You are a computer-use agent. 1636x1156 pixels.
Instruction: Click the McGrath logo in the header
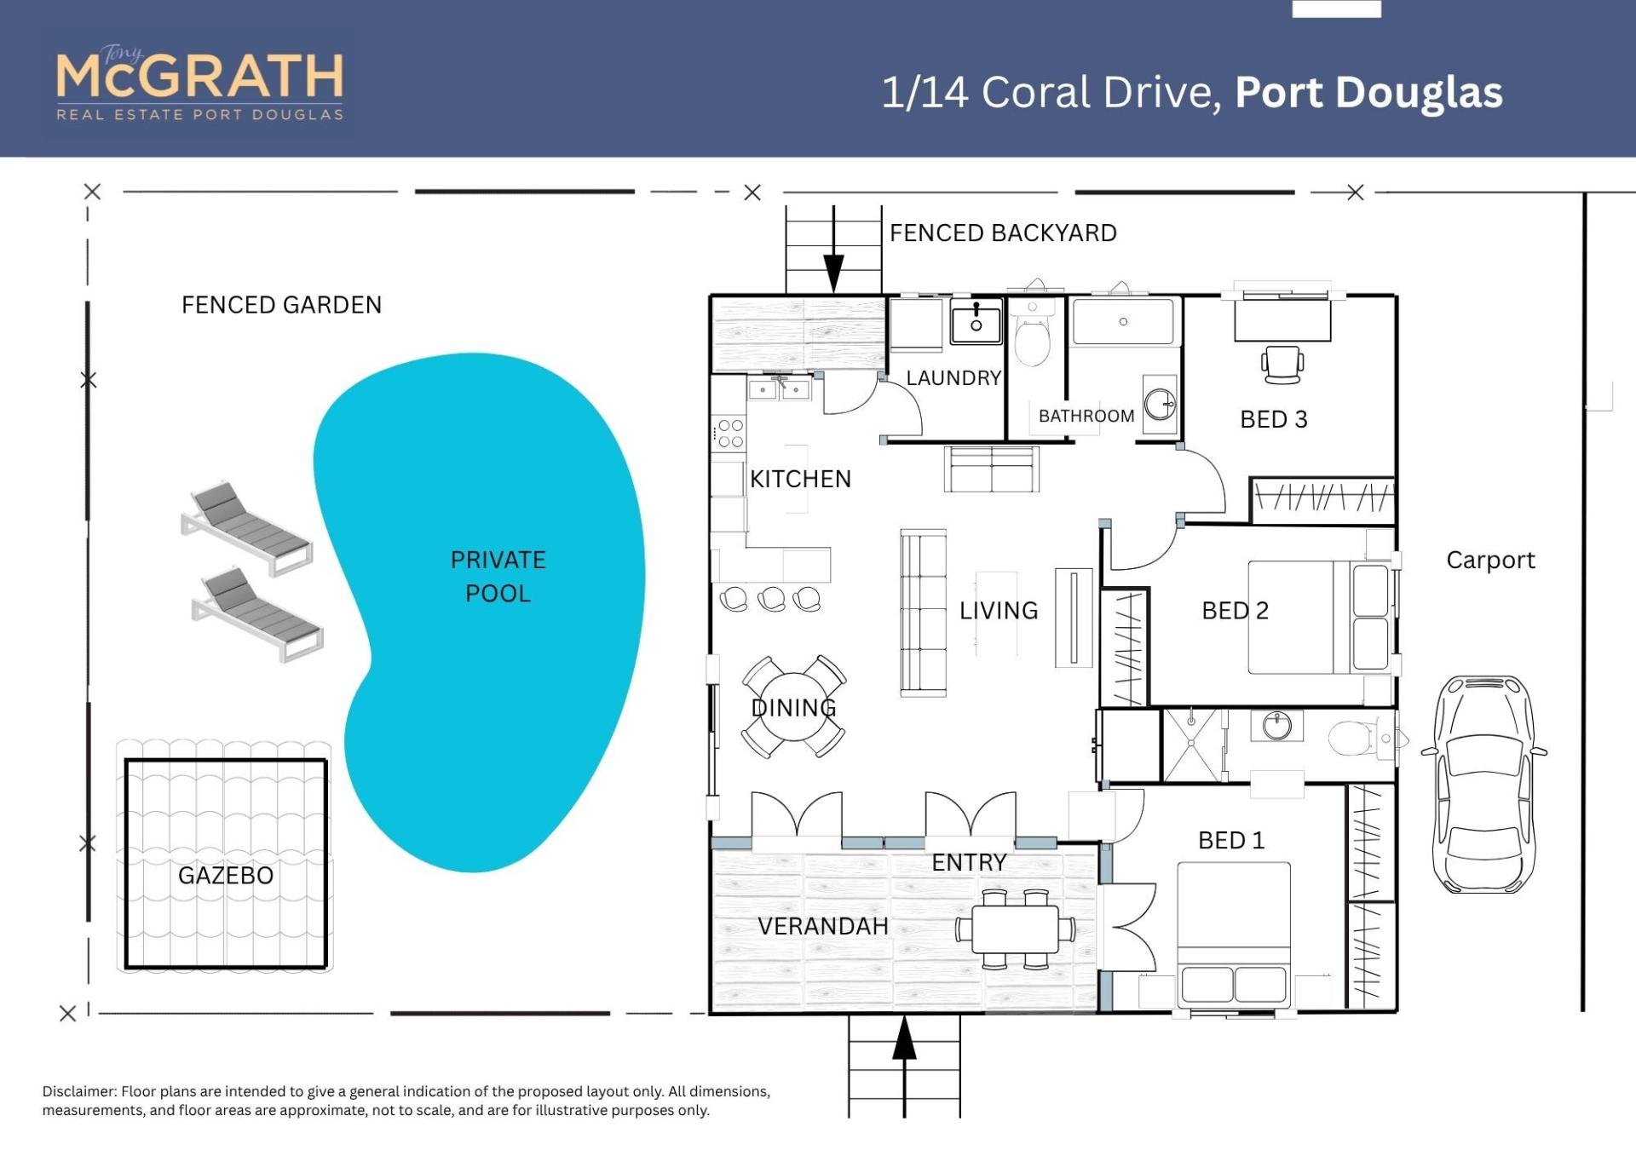point(200,82)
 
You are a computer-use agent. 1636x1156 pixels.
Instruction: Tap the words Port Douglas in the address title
point(1368,93)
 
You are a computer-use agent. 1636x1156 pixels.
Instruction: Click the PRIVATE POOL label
point(498,576)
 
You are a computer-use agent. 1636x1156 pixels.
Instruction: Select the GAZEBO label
point(226,875)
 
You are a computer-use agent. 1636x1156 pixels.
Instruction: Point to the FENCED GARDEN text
point(281,305)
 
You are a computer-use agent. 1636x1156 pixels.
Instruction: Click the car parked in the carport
point(1484,784)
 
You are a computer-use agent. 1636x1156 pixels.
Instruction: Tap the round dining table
point(793,706)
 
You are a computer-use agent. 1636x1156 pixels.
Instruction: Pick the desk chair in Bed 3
point(1282,365)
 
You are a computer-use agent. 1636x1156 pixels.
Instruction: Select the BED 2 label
point(1235,610)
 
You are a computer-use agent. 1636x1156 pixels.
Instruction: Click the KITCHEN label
point(800,479)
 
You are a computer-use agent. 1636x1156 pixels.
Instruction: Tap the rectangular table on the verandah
point(1016,929)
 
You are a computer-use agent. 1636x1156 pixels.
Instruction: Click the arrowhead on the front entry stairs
point(904,1038)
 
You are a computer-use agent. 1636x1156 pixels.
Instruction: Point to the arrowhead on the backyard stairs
point(833,273)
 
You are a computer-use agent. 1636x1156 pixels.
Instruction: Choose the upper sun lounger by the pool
point(246,528)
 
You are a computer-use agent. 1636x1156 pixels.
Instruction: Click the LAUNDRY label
point(953,377)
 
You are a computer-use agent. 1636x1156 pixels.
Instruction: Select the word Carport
point(1490,560)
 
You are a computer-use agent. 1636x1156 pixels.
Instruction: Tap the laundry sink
point(976,321)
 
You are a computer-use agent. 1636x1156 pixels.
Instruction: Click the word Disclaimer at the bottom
point(80,1091)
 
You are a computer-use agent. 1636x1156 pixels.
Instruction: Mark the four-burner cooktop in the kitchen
point(729,433)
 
